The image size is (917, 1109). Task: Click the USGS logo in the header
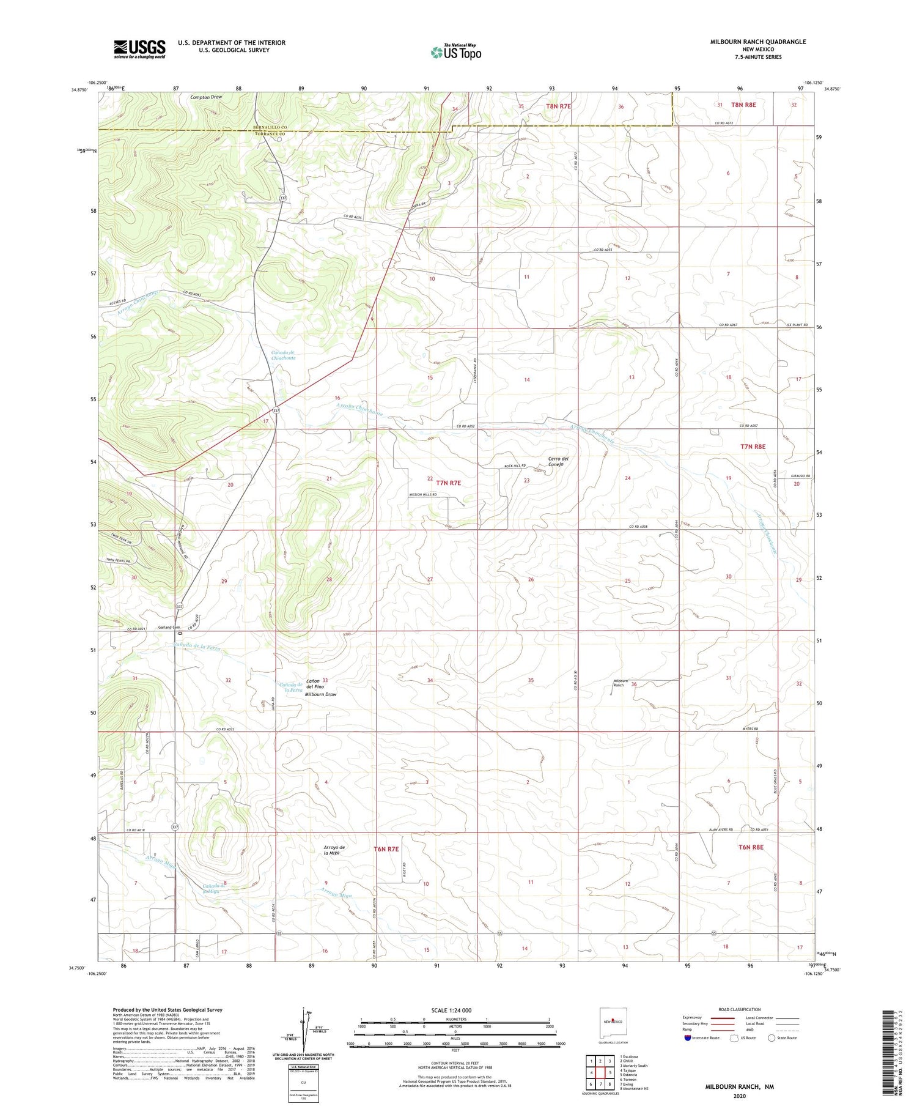pyautogui.click(x=139, y=49)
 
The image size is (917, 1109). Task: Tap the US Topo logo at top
pyautogui.click(x=456, y=52)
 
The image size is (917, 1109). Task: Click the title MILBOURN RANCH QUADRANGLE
pyautogui.click(x=757, y=42)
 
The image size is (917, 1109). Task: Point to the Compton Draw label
pyautogui.click(x=205, y=97)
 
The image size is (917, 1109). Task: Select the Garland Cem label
pyautogui.click(x=169, y=627)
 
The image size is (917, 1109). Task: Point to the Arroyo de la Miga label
pyautogui.click(x=334, y=850)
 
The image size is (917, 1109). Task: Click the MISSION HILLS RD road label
pyautogui.click(x=423, y=495)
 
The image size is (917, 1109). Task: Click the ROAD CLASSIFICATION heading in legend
pyautogui.click(x=740, y=1009)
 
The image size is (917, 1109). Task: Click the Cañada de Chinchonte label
pyautogui.click(x=282, y=355)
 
